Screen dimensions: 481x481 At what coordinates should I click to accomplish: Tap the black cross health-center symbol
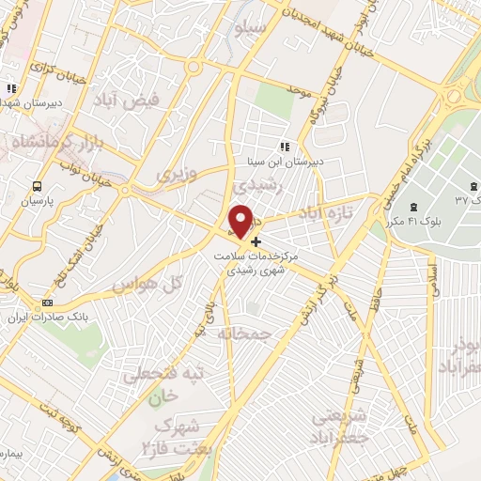[256, 240]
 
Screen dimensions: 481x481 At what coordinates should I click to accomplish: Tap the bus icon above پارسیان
[38, 186]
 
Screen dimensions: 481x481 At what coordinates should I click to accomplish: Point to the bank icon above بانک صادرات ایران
[47, 303]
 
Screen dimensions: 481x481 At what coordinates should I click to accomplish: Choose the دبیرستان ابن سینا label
[284, 161]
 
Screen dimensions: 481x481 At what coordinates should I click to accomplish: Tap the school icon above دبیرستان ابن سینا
[284, 147]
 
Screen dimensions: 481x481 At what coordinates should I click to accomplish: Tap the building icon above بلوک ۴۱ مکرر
[412, 205]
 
